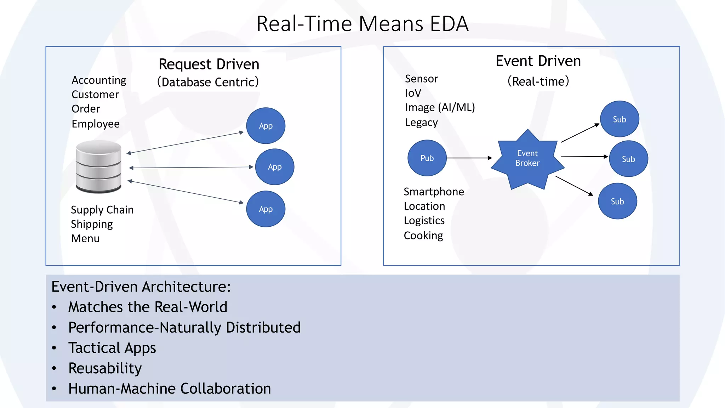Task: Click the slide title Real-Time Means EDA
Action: (362, 24)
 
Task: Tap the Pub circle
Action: (427, 158)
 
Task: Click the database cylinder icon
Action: (99, 166)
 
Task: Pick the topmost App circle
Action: (266, 126)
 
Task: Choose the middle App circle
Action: (275, 167)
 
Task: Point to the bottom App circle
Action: (266, 209)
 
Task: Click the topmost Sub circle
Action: (620, 119)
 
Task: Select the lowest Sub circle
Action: (617, 201)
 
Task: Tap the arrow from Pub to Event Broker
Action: (469, 158)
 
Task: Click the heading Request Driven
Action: (209, 64)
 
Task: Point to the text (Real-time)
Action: (538, 81)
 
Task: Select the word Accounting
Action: (99, 80)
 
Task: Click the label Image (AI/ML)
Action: (440, 107)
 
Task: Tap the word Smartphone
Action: (434, 192)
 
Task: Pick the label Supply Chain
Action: (102, 210)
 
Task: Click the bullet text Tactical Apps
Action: (112, 348)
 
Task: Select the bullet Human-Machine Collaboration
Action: (170, 389)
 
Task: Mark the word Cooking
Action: (423, 236)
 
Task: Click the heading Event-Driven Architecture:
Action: (141, 287)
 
